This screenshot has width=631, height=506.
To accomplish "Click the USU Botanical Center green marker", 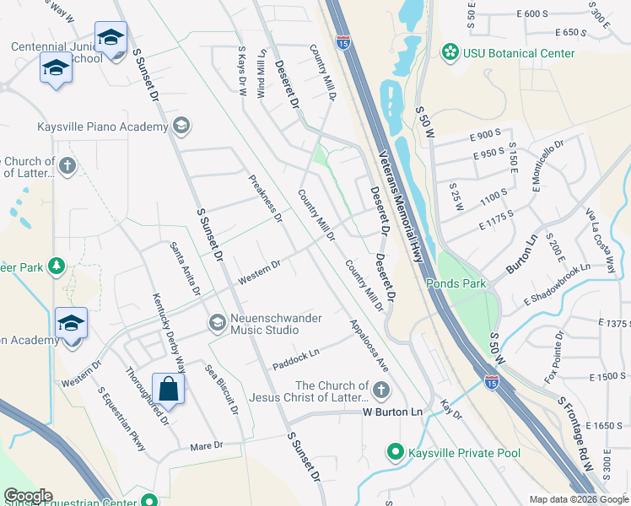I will click(x=449, y=53).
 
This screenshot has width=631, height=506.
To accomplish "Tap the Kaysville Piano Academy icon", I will click(x=180, y=126).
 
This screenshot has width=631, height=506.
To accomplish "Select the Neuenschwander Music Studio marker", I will click(x=217, y=322).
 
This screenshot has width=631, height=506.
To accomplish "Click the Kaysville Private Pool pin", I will click(x=394, y=453).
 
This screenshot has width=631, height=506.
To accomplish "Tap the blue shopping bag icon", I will click(x=169, y=390).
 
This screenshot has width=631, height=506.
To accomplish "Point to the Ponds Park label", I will click(x=456, y=284).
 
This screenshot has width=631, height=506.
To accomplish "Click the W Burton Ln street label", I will click(x=392, y=412).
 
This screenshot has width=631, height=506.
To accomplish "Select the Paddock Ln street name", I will click(x=296, y=359).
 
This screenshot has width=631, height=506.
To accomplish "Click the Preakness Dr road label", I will click(x=266, y=198).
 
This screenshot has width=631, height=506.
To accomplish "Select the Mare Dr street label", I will click(x=206, y=445).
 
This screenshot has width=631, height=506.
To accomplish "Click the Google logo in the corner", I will click(x=28, y=496).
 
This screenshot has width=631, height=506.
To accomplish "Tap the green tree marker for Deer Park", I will click(x=57, y=267).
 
